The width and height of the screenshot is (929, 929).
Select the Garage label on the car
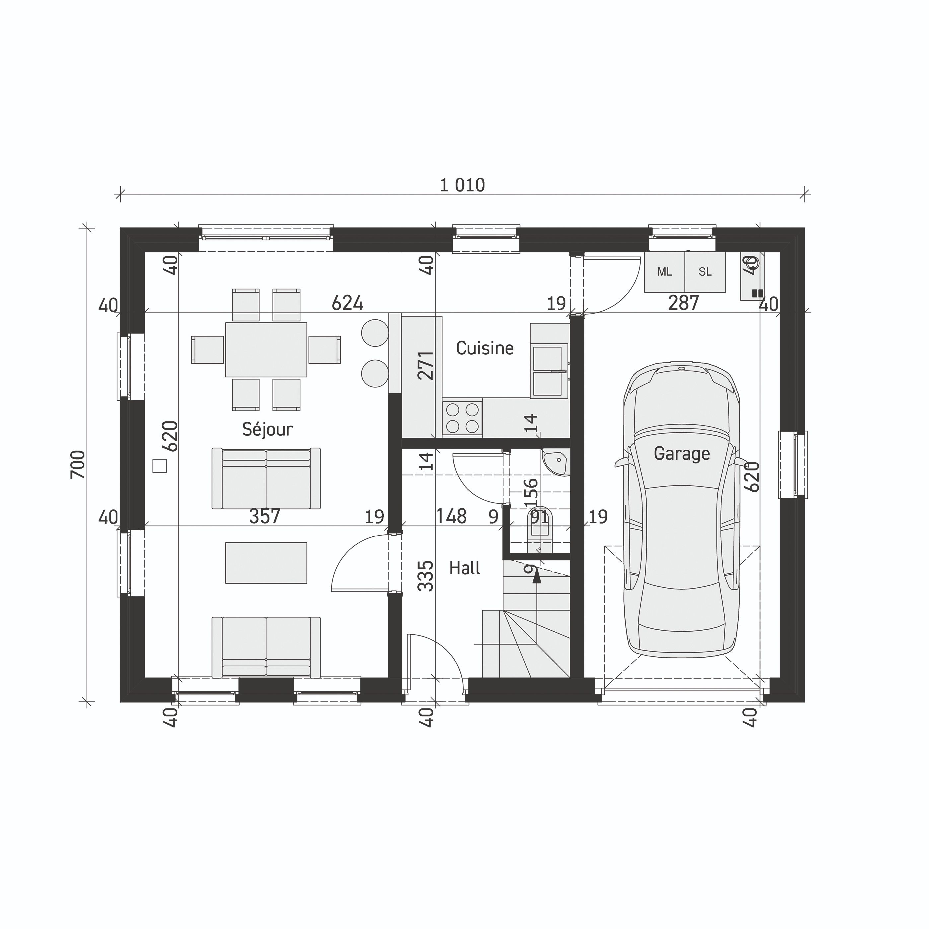(681, 454)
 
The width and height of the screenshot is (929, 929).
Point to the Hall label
(464, 568)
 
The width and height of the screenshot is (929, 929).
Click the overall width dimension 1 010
(462, 185)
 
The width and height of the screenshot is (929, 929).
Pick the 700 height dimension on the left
(78, 464)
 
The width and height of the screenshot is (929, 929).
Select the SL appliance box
(705, 272)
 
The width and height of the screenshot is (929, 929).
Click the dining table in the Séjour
(266, 350)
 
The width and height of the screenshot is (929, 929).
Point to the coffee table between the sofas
(266, 563)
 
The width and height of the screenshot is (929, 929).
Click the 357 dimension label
(264, 517)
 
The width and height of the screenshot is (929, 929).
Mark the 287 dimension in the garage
(683, 303)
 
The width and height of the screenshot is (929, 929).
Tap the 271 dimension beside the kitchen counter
(426, 365)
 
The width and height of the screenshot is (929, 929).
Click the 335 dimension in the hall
(426, 576)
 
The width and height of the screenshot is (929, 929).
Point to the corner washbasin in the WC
(556, 462)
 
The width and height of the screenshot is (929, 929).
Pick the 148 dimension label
(451, 517)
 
